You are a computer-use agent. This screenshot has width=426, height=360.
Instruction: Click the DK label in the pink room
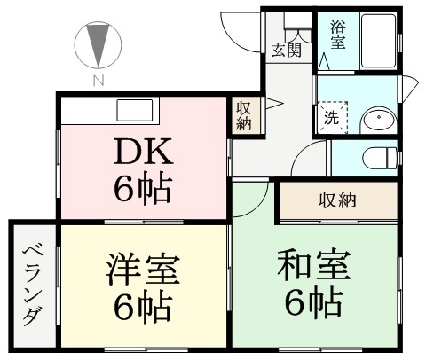(143, 152)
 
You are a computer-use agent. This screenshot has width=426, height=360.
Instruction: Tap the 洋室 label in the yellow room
(143, 269)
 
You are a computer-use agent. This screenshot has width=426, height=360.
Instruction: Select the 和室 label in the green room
(314, 265)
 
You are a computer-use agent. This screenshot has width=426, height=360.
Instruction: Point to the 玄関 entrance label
(287, 51)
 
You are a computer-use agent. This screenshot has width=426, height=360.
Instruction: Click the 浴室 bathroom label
(338, 35)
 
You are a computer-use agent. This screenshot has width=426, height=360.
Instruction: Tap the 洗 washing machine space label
(332, 118)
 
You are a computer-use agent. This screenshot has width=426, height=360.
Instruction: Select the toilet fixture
(380, 158)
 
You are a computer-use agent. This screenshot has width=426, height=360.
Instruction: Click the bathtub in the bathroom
(378, 41)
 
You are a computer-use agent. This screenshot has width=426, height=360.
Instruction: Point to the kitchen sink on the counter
(135, 110)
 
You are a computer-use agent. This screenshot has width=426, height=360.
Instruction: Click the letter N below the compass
(99, 80)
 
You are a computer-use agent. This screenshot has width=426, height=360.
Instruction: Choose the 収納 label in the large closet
(337, 200)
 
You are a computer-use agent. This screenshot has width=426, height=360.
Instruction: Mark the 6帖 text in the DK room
(143, 188)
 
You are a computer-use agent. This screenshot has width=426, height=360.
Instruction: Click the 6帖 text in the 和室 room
(314, 302)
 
